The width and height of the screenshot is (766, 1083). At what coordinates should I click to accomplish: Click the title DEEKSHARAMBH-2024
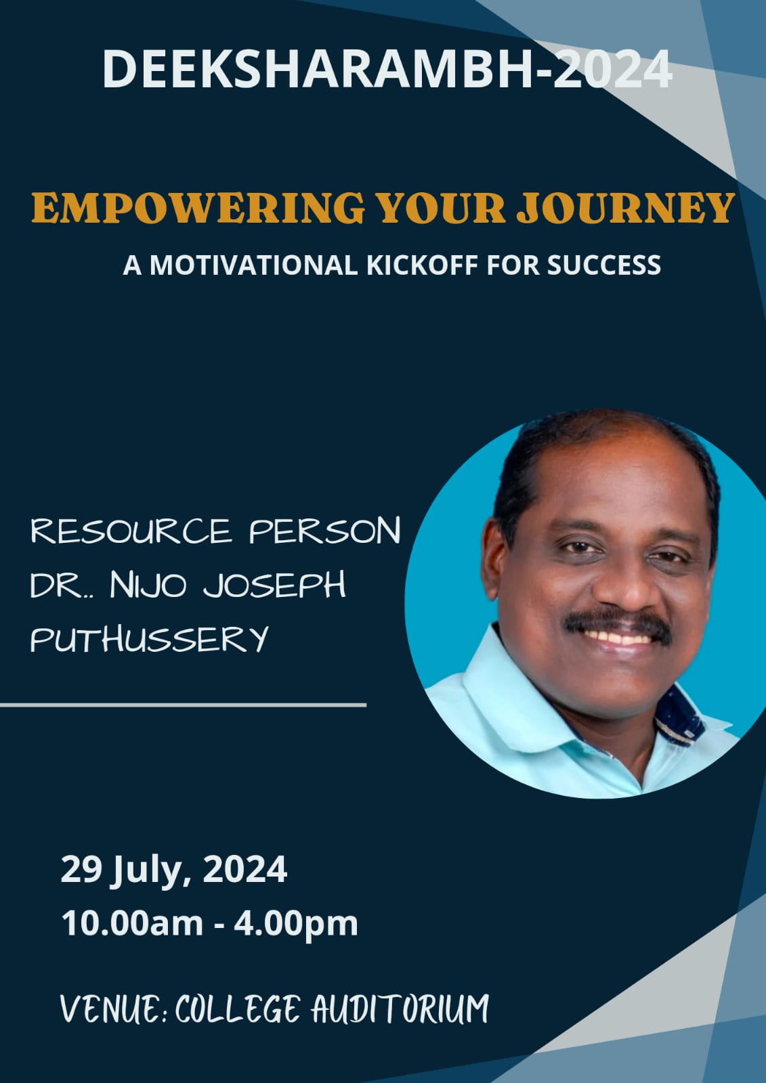pyautogui.click(x=387, y=69)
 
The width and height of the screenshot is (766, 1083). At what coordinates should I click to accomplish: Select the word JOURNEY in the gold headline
pyautogui.click(x=625, y=208)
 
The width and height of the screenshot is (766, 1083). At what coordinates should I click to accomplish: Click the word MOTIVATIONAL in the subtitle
pyautogui.click(x=253, y=265)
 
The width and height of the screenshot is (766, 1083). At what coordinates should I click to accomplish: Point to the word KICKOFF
pyautogui.click(x=423, y=265)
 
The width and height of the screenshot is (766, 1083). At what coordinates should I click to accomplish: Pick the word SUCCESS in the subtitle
pyautogui.click(x=604, y=265)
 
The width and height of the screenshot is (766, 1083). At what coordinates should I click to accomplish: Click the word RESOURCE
pyautogui.click(x=131, y=531)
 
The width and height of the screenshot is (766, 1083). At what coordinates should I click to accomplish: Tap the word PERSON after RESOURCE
pyautogui.click(x=325, y=531)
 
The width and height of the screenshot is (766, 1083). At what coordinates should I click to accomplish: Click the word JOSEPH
pyautogui.click(x=274, y=585)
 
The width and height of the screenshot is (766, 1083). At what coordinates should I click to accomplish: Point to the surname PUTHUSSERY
pyautogui.click(x=149, y=639)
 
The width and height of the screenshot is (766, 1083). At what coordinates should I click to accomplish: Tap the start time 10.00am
pyautogui.click(x=132, y=924)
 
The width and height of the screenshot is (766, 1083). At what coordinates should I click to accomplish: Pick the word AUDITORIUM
pyautogui.click(x=400, y=1008)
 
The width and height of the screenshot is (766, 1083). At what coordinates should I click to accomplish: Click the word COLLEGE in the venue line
pyautogui.click(x=236, y=1008)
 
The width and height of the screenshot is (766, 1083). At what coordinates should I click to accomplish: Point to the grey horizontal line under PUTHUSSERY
pyautogui.click(x=183, y=705)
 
